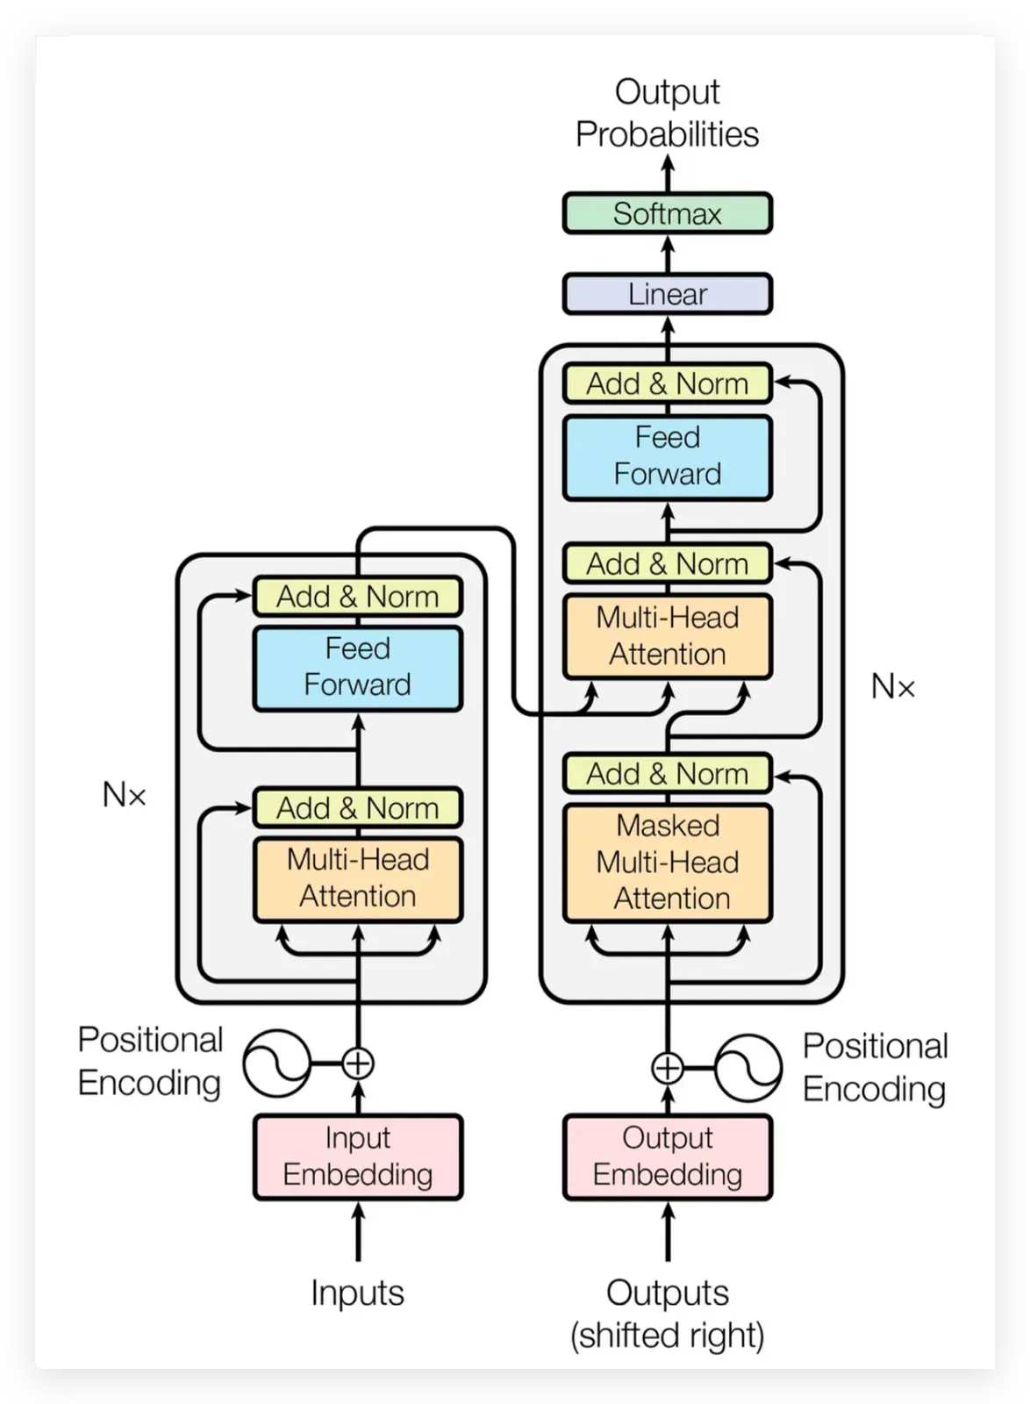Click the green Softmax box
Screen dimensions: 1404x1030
(667, 213)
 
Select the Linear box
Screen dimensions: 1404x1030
(667, 294)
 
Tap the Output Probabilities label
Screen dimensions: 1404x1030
(667, 113)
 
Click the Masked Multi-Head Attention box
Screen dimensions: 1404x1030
(667, 862)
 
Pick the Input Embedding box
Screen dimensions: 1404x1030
(357, 1156)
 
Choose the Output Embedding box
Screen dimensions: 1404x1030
(667, 1156)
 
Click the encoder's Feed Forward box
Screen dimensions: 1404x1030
(357, 667)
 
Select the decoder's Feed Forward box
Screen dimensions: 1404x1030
(667, 456)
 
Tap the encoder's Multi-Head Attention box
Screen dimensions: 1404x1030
(357, 877)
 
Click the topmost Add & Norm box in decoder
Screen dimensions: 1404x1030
(667, 383)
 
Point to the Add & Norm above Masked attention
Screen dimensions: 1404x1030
(667, 774)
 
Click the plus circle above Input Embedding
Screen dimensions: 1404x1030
(357, 1063)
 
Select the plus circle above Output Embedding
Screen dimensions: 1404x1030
(668, 1068)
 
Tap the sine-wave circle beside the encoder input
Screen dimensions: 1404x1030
(276, 1063)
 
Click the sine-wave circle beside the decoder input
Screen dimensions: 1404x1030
(747, 1068)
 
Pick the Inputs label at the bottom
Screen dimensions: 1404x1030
(357, 1293)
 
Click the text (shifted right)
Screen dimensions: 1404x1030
(667, 1336)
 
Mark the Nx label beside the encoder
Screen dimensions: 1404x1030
(124, 795)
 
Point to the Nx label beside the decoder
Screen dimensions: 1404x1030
(892, 686)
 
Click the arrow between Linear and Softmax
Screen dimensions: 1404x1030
(667, 254)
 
